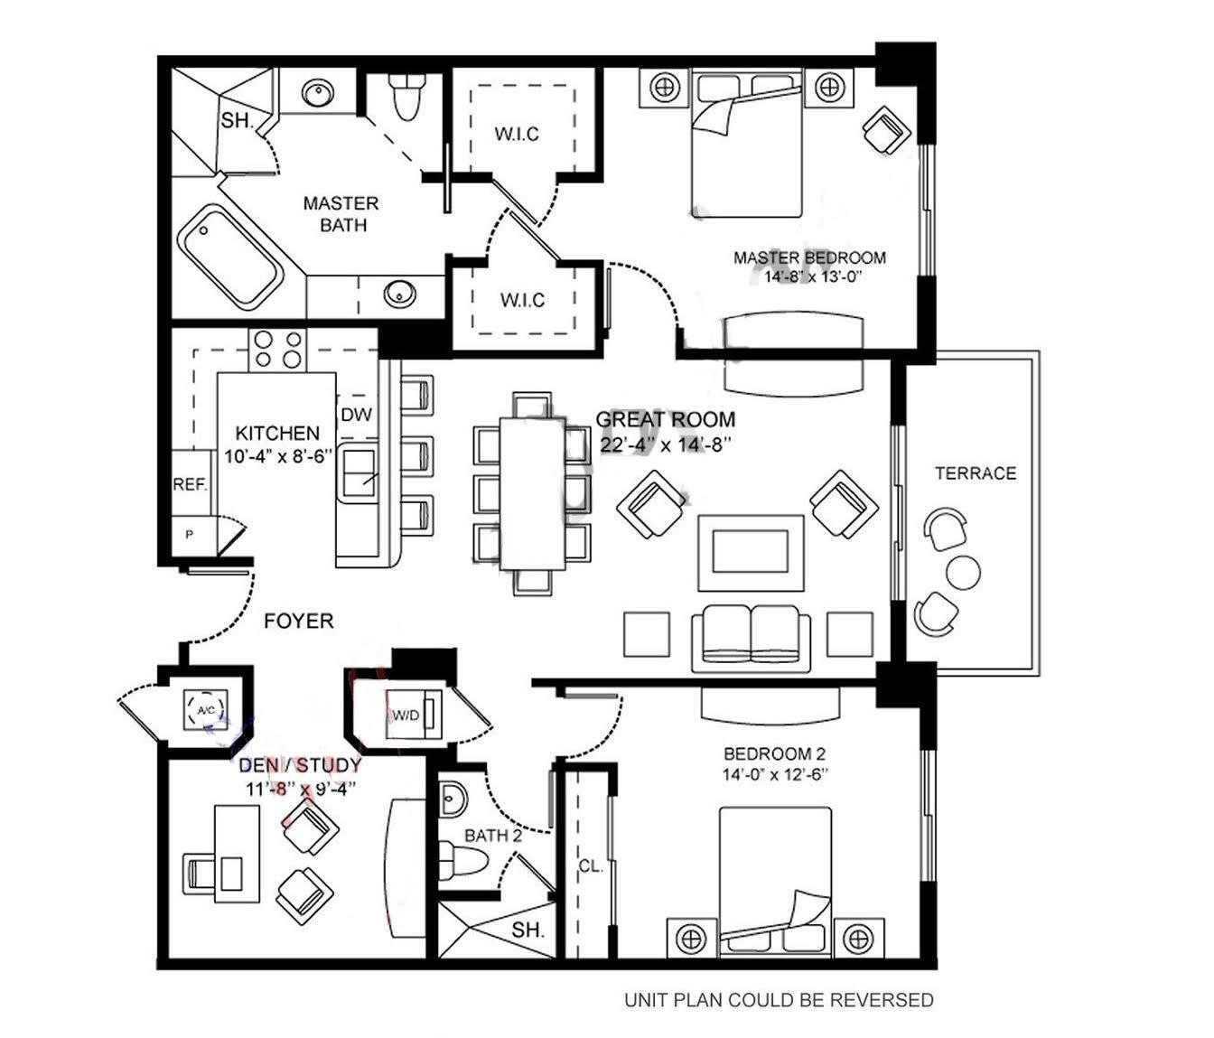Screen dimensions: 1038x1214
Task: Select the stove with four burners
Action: click(277, 349)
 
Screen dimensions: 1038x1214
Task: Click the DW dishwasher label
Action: click(357, 415)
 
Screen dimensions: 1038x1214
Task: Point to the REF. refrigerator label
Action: click(190, 484)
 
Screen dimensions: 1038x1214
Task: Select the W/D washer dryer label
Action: click(406, 716)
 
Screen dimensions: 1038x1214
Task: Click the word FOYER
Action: click(298, 622)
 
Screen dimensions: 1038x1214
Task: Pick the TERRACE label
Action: click(975, 473)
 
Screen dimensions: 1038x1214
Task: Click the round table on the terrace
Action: click(963, 571)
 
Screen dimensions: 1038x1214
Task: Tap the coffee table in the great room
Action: click(750, 553)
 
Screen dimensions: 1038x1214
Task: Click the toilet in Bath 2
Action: click(462, 854)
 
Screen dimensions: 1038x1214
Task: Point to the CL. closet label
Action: click(590, 866)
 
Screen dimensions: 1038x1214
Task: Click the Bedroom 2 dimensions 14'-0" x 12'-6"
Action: click(774, 775)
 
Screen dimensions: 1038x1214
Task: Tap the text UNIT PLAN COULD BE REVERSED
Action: click(779, 1000)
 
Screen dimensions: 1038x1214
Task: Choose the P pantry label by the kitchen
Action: click(190, 535)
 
